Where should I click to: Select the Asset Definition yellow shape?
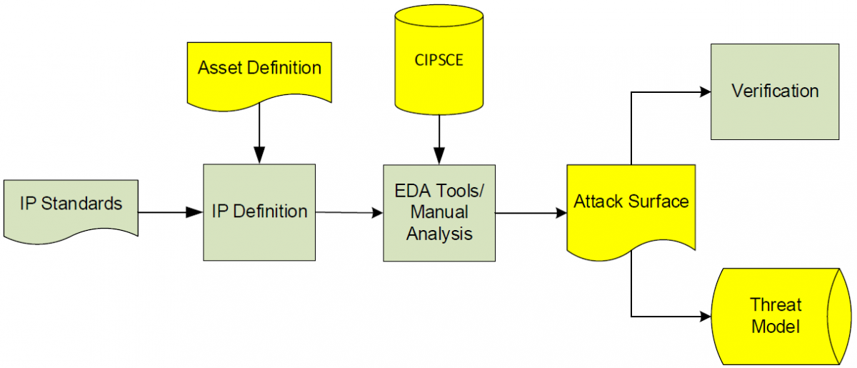259,71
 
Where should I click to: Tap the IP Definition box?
259,212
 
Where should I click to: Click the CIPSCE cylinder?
438,61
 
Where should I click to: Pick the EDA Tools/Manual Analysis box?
438,212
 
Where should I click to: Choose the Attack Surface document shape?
631,207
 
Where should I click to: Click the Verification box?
774,91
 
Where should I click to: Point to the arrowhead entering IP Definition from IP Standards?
195,212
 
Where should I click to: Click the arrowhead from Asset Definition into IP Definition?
259,156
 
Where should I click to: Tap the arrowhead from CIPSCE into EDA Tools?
438,156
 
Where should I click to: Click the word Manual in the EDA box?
438,212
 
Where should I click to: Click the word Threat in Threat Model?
775,305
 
